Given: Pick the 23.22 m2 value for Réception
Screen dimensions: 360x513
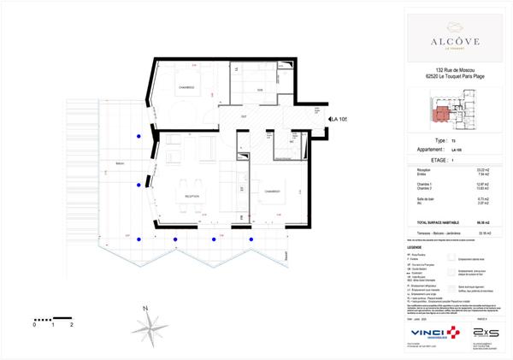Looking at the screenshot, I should pyautogui.click(x=482, y=171).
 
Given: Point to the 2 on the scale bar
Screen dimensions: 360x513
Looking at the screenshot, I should pyautogui.click(x=72, y=326).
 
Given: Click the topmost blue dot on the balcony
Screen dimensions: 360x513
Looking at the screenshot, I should pyautogui.click(x=138, y=137).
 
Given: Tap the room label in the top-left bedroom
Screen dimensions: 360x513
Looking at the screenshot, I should pyautogui.click(x=186, y=89).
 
